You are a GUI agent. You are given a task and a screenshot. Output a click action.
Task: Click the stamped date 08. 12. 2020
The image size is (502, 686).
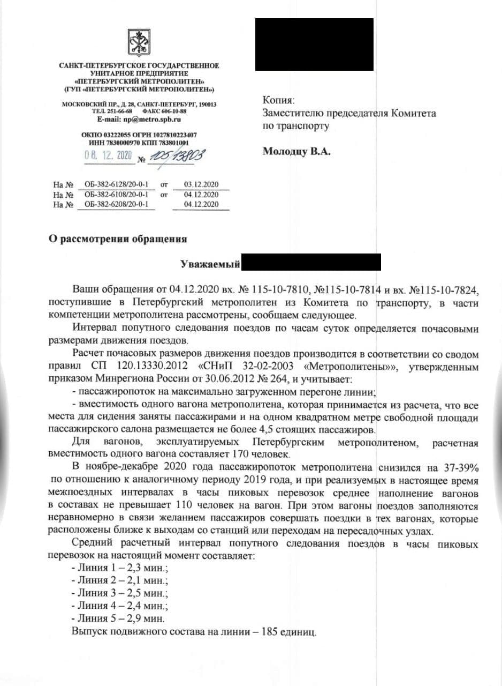coord(108,155)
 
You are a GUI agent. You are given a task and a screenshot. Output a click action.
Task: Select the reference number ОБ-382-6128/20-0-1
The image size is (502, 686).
coord(116,185)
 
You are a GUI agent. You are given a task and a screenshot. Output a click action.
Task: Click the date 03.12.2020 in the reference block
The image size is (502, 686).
coord(201,185)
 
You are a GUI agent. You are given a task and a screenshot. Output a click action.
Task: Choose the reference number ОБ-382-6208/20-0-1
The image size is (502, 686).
coord(116,204)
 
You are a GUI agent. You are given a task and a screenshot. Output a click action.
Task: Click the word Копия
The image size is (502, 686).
coord(278,100)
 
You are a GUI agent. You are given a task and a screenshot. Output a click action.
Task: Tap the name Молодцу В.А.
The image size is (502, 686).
coord(296,152)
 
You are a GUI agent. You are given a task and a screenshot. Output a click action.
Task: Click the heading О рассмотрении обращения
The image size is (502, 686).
coord(118,239)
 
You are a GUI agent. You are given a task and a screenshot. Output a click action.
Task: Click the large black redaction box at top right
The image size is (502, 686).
coord(314,44)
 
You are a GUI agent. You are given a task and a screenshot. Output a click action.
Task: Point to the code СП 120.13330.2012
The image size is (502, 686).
coord(144,367)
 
